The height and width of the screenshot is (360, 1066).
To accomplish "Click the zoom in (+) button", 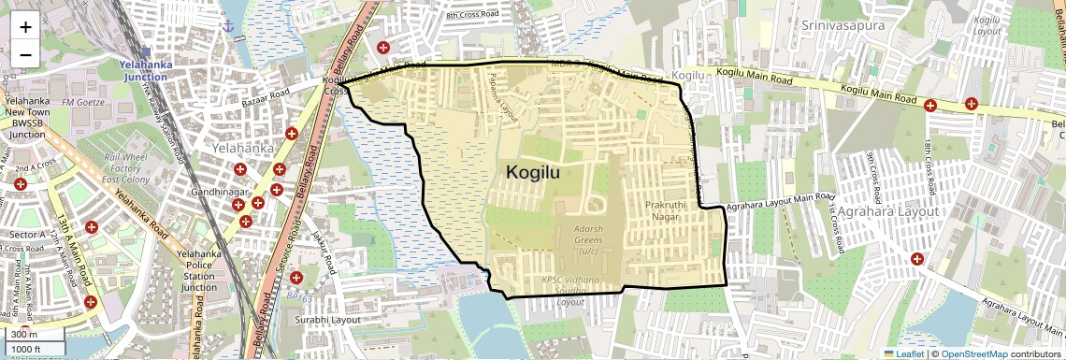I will coord(25,26).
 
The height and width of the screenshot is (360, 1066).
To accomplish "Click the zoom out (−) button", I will coord(25,54).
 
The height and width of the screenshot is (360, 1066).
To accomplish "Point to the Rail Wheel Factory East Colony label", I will coord(127,168).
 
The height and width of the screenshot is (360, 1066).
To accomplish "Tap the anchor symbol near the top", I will coord(226,24).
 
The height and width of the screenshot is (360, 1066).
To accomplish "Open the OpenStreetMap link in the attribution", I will coord(973,353).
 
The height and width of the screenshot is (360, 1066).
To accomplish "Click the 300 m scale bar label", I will coord(25,335).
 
